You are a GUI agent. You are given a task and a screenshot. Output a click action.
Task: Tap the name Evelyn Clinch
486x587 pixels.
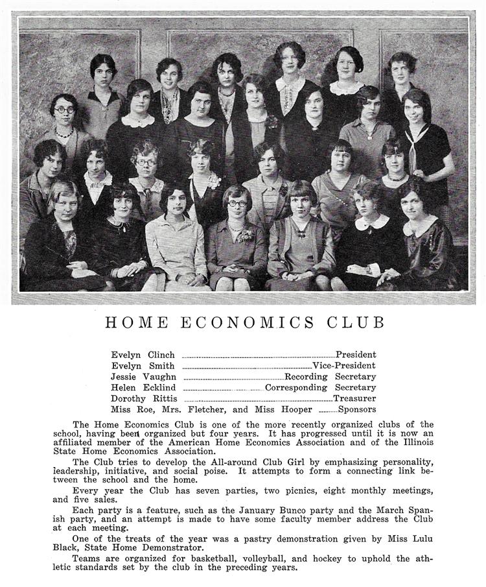[x=143, y=355]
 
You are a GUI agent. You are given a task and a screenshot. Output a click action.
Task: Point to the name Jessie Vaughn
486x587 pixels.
[x=143, y=377]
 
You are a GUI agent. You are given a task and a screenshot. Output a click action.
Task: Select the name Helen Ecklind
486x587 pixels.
[x=143, y=388]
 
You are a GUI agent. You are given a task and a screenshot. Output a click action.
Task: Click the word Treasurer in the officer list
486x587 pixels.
[x=354, y=399]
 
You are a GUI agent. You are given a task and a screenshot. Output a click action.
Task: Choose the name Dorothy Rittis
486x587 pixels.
[x=144, y=399]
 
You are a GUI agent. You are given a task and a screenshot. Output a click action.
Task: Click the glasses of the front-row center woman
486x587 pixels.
[x=237, y=204]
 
